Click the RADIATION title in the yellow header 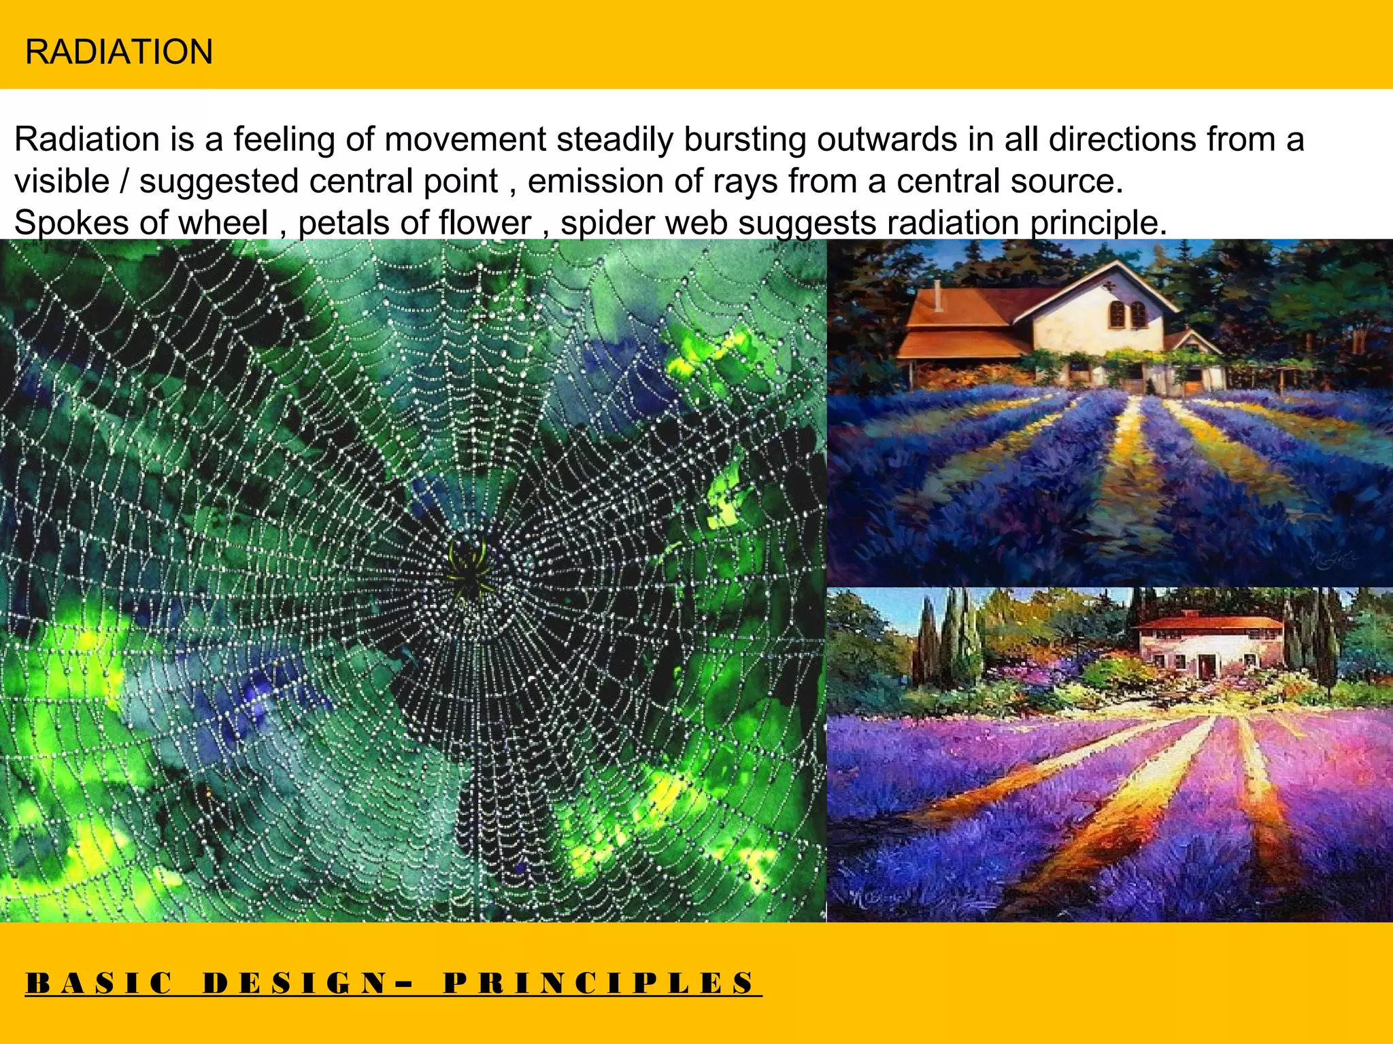point(119,52)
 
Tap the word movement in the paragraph point(465,140)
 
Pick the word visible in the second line point(62,181)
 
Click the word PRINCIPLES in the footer point(599,984)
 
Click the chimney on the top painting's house point(937,294)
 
